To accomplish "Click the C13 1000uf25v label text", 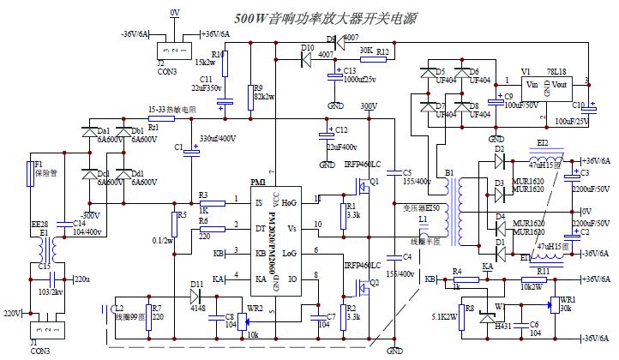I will click(360, 79).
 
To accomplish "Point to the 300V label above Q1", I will click(369, 106).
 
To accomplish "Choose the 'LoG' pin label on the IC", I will click(289, 254).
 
